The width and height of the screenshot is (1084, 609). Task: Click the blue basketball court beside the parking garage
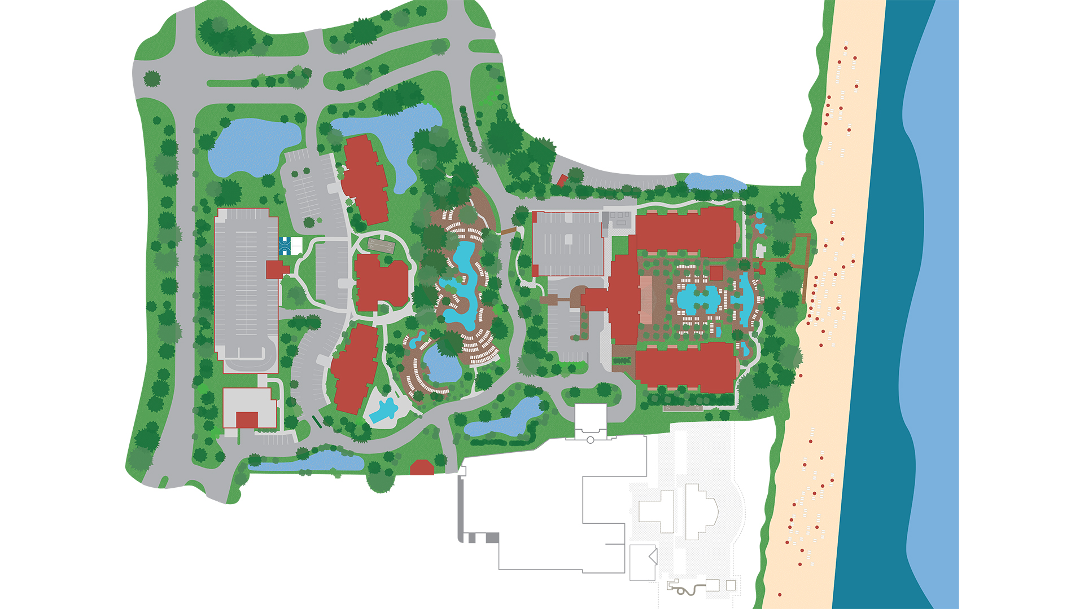tap(285, 246)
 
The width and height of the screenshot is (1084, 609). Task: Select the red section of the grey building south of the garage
tap(247, 420)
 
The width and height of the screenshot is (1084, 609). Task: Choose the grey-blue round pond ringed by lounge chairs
tap(442, 364)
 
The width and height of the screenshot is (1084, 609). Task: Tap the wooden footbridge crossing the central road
tap(507, 231)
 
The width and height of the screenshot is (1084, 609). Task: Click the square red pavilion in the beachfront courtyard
tap(716, 273)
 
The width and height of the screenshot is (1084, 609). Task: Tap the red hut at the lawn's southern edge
tap(422, 467)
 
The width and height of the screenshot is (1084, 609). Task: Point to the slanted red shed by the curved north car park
tap(561, 180)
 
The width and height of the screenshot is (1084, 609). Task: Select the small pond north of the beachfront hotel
tap(714, 182)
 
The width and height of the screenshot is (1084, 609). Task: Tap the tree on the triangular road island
tap(152, 78)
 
